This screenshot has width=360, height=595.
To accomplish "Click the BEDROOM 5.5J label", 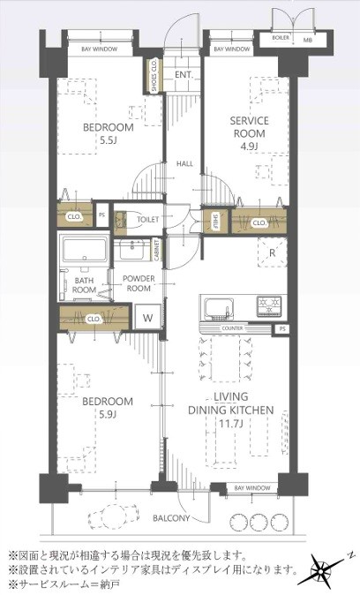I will click(x=109, y=133).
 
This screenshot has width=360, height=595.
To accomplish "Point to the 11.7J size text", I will click(x=229, y=425).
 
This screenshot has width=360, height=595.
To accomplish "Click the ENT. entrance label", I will click(x=184, y=75).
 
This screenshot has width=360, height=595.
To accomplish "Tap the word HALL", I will click(x=184, y=163).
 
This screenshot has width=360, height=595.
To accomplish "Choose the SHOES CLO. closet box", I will click(x=155, y=76).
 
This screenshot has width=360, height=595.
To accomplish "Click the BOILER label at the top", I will click(x=281, y=39).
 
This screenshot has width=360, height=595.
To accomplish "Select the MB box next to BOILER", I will click(x=307, y=39).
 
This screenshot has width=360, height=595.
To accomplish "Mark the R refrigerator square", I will click(x=272, y=253).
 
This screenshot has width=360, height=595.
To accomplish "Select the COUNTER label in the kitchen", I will click(x=232, y=328).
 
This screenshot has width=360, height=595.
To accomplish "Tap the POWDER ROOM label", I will click(x=139, y=282).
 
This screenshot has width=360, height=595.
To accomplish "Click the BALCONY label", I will click(x=171, y=518).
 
